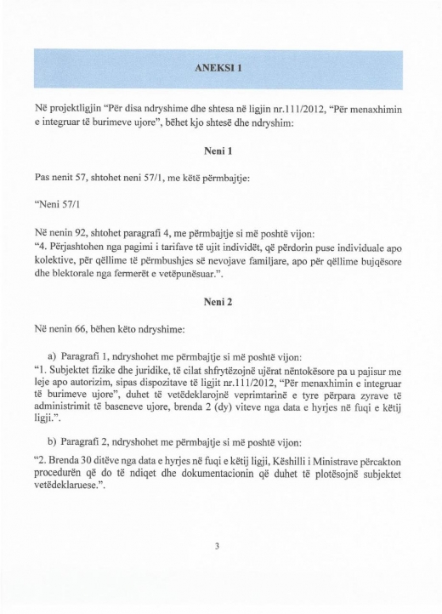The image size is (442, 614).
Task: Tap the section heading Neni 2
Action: [x=220, y=303]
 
